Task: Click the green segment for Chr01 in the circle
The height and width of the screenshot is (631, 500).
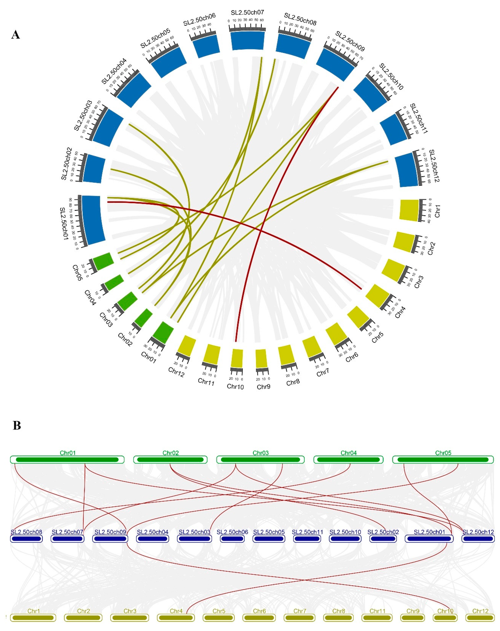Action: [x=163, y=332]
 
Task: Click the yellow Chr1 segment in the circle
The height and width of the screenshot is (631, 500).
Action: [x=409, y=210]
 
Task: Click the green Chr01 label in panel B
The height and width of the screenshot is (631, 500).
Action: [x=68, y=453]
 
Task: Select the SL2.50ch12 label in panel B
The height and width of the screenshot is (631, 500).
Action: [x=478, y=532]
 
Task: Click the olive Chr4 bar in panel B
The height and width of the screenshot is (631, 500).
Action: [x=176, y=618]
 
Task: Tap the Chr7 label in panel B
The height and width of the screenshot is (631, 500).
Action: [x=300, y=611]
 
